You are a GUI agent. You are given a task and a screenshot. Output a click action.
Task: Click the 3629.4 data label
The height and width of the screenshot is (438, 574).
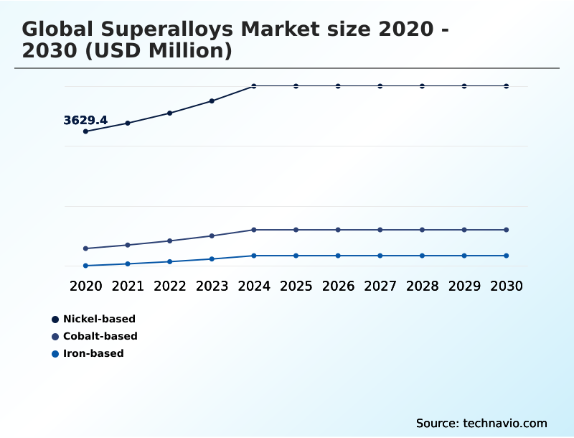85,121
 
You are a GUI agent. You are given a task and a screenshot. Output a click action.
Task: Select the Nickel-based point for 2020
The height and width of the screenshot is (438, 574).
85,131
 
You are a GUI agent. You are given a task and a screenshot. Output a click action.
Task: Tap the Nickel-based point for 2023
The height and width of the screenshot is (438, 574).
212,101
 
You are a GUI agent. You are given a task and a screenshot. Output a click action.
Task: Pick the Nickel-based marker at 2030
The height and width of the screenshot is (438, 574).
506,86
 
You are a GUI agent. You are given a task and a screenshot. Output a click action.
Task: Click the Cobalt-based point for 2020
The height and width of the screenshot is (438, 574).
85,248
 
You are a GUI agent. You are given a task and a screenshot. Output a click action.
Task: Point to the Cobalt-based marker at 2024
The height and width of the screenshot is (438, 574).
254,230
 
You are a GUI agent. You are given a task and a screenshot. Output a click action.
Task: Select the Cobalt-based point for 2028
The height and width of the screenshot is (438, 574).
422,230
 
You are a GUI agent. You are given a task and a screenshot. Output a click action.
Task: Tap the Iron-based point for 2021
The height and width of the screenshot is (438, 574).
128,264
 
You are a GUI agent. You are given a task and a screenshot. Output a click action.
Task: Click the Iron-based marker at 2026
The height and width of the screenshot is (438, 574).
338,256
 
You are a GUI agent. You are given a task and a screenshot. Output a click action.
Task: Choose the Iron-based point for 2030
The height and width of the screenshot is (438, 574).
506,256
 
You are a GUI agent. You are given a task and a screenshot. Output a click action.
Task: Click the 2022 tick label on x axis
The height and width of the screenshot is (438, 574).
170,286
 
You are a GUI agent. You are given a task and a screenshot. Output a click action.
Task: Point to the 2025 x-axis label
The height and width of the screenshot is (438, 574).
296,286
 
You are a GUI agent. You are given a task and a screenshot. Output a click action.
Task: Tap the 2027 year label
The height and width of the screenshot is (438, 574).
380,286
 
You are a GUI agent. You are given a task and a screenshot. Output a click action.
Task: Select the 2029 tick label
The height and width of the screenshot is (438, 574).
464,286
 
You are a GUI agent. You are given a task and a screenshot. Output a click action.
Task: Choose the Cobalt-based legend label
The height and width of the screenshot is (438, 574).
100,336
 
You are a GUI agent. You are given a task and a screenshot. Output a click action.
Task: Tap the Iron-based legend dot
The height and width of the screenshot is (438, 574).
55,353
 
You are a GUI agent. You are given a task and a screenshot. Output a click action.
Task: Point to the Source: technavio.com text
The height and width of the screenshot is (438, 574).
481,423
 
